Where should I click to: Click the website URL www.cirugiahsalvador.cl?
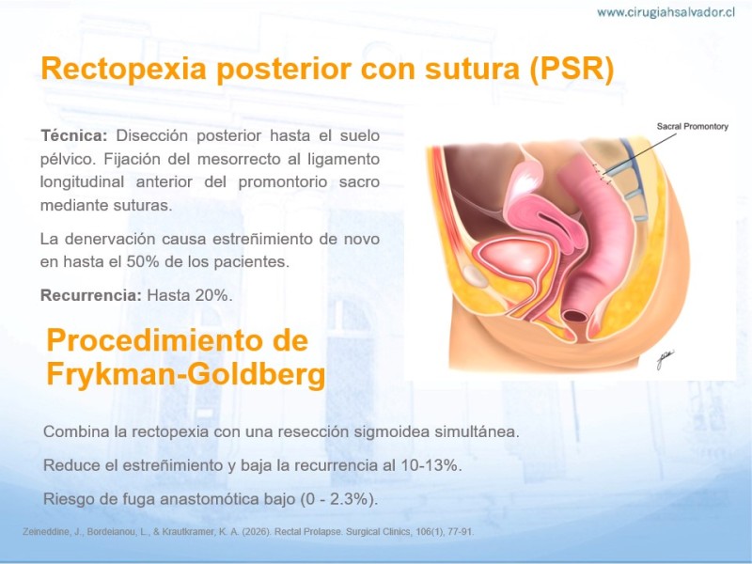666,12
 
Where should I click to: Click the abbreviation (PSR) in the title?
572,69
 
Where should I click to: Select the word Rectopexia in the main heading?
124,69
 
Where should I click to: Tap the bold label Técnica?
74,135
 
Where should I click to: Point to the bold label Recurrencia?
91,295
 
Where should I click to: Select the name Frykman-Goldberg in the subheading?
186,374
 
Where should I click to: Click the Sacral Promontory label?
693,127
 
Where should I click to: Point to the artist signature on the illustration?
665,359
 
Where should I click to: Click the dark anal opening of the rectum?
575,316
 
